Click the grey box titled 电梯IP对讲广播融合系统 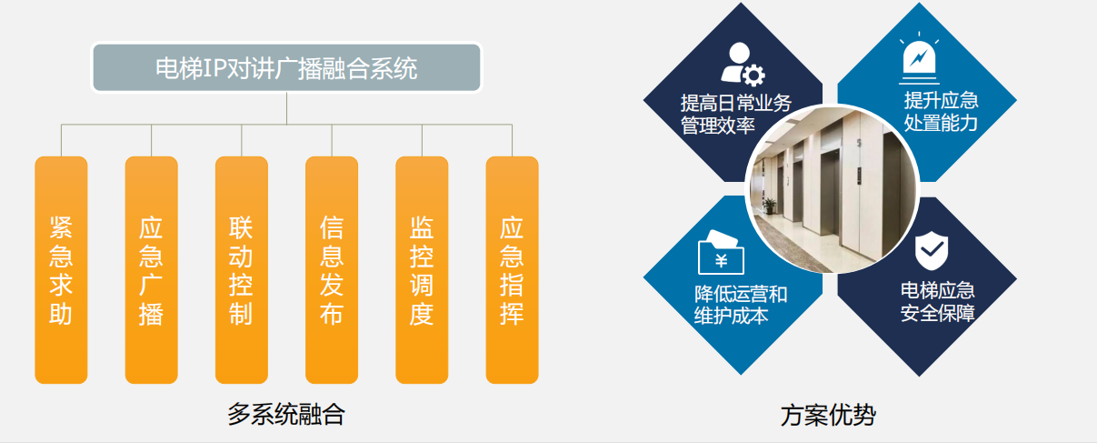point(286,67)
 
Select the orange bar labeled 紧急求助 point(61,269)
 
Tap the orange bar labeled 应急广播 point(152,269)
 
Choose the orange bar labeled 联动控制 point(242,269)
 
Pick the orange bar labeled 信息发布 point(332,269)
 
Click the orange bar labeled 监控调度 point(422,269)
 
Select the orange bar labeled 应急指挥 point(512,269)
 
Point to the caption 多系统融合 point(286,414)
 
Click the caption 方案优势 point(828,415)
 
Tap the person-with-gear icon point(743,64)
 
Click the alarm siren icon point(919,58)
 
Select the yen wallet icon point(721,252)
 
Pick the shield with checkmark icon point(931,250)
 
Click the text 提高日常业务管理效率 point(735,115)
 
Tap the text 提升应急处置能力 point(941,112)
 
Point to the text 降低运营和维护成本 point(741,305)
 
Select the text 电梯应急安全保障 point(937,302)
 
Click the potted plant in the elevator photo point(770,206)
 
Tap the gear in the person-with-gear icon point(753,75)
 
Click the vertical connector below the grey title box point(286,108)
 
